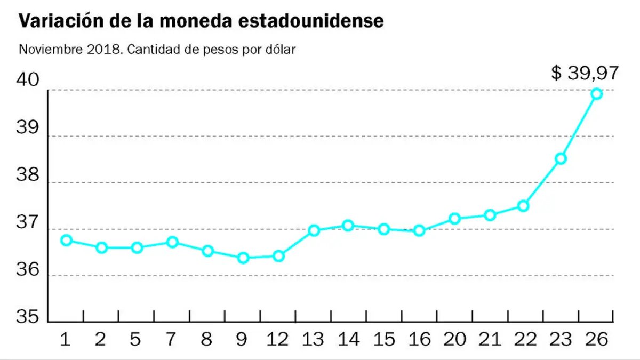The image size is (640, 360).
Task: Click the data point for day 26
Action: tap(597, 94)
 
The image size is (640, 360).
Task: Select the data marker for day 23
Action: tap(561, 159)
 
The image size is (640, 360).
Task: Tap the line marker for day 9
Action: tap(243, 258)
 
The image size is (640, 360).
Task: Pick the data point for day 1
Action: tap(66, 241)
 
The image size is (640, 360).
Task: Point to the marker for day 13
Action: tap(314, 230)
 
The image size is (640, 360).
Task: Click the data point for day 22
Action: tap(523, 206)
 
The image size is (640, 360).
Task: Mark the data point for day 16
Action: tap(419, 230)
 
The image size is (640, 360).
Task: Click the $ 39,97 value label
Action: tap(585, 73)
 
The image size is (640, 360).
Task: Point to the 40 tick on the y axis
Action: tap(27, 79)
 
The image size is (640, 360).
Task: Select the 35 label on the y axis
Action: tap(27, 317)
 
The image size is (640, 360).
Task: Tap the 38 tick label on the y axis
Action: tap(27, 174)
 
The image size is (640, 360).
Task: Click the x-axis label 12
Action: tap(277, 339)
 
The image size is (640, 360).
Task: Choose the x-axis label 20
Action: tap(454, 339)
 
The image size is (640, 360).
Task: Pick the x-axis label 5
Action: tap(135, 339)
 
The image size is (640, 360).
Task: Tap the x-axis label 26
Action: tap(596, 339)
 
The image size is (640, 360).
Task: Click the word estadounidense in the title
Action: tap(311, 21)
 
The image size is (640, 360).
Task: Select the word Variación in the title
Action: tap(61, 21)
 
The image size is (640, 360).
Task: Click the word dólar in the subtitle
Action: tap(281, 50)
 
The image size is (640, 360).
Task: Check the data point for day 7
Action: tap(173, 242)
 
